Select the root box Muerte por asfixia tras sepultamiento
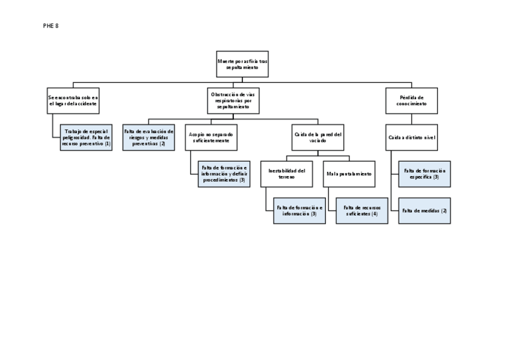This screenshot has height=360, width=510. [242, 64]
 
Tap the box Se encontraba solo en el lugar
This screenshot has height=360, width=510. [73, 100]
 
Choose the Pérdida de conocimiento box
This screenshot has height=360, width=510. [411, 100]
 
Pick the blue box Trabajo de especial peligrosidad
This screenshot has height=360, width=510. [86, 138]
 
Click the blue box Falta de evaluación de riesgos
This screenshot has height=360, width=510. [148, 138]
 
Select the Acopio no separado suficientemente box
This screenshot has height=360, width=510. [210, 138]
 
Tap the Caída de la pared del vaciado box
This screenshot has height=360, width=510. [318, 138]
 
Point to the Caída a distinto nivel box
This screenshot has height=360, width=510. [411, 138]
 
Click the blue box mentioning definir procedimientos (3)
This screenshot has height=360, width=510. [224, 174]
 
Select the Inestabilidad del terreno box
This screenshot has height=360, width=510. [286, 174]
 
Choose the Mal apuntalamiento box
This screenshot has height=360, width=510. [349, 174]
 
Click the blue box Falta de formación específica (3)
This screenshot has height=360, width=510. [425, 174]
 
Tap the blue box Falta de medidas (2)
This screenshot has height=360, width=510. [425, 210]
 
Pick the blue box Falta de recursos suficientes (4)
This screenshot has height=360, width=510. [361, 210]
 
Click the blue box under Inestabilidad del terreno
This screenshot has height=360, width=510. [300, 210]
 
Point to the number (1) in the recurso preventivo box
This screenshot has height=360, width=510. [108, 144]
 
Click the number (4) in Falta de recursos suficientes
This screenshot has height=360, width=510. [375, 214]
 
